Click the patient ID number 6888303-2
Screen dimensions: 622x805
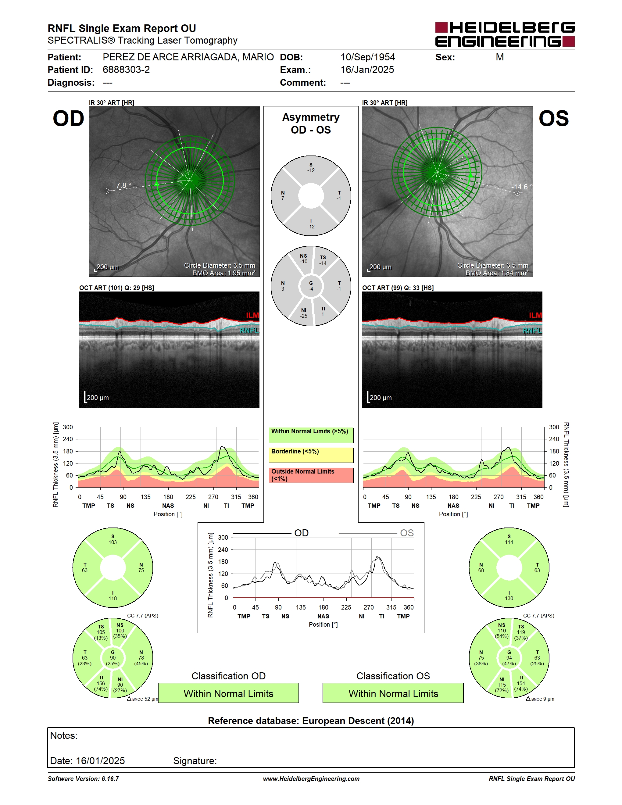[x=126, y=70]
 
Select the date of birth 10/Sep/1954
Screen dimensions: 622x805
[x=367, y=57]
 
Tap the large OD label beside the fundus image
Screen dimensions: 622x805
[x=69, y=118]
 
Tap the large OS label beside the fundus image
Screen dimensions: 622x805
[x=553, y=118]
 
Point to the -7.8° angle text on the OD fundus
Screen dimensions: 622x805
[x=122, y=185]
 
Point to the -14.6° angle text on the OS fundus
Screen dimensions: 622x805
[x=522, y=187]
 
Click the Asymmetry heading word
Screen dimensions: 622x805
[x=311, y=117]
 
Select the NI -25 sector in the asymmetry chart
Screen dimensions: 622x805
[x=304, y=313]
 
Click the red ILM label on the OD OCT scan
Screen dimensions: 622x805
[x=252, y=315]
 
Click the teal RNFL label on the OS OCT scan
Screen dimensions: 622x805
[x=532, y=331]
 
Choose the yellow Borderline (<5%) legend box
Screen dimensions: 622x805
[x=311, y=455]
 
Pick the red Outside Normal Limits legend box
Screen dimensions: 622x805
[x=311, y=475]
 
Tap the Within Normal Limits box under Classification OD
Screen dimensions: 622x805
[x=228, y=693]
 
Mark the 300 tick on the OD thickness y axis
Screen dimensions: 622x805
[x=68, y=427]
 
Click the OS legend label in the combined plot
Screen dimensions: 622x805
[x=407, y=533]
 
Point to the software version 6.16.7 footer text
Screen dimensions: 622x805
[x=83, y=779]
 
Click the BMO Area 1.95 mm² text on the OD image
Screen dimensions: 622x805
[x=224, y=273]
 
